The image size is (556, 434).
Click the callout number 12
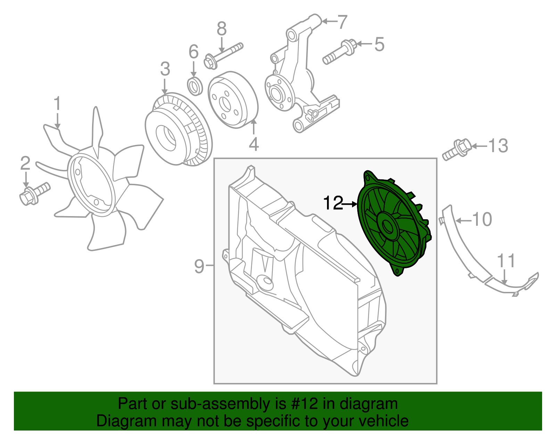coord(333,204)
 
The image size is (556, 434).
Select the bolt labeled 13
coord(456,150)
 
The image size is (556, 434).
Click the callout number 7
coord(342,22)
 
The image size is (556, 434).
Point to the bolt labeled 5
coord(339,52)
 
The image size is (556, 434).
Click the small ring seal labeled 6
coord(195,86)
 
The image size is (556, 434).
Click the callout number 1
coord(57,104)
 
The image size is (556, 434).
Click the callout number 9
coord(199,266)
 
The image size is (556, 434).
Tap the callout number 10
coord(482,220)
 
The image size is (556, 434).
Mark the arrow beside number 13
coord(479,146)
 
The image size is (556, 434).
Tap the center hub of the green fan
coord(388,227)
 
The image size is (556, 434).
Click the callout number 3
coord(165,69)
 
